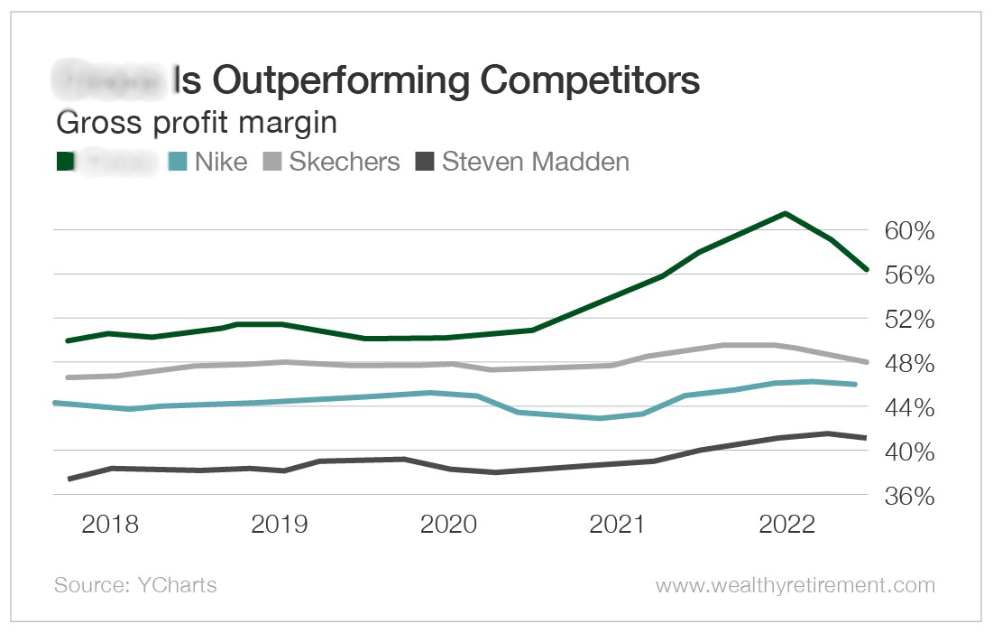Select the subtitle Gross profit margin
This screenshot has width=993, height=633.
click(197, 122)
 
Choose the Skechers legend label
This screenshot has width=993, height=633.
click(344, 163)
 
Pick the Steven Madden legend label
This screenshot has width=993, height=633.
click(535, 163)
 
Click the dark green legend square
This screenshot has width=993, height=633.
click(65, 163)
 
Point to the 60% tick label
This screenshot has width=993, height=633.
click(910, 231)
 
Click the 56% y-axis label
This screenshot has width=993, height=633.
click(910, 275)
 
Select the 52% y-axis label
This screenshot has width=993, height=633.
click(910, 320)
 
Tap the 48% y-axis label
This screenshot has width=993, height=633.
click(910, 364)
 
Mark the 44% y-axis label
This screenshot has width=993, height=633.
click(910, 408)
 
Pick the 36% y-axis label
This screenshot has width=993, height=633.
click(910, 497)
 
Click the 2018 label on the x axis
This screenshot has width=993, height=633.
click(110, 525)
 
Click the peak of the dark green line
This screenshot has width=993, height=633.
click(786, 213)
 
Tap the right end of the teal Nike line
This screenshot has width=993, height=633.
click(854, 385)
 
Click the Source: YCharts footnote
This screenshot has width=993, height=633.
click(135, 585)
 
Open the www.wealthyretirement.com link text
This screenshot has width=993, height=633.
click(795, 585)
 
